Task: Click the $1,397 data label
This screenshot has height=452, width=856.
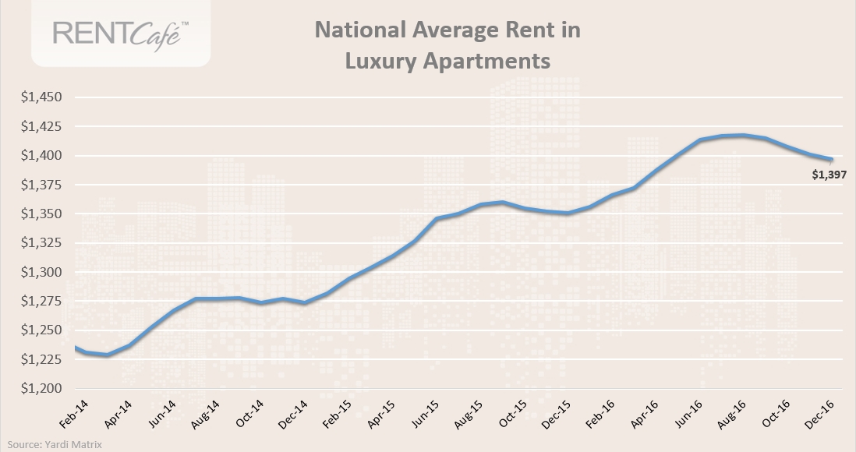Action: pos(829,175)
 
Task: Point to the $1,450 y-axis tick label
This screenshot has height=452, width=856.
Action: pos(41,98)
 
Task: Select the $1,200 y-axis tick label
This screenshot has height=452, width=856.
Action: pos(41,389)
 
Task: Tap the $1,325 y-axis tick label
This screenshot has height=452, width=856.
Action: pos(41,243)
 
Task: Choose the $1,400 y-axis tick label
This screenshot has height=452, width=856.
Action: pos(41,156)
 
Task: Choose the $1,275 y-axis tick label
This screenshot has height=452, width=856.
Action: pos(41,302)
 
